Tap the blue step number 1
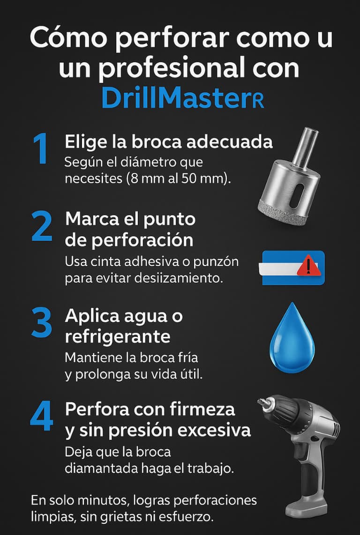coord(41,149)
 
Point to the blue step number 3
coord(42,322)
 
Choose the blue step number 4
coord(42,416)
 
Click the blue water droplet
coord(292,337)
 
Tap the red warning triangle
coord(309,265)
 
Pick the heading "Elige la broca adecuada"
coord(169,142)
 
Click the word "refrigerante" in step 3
coord(118,337)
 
